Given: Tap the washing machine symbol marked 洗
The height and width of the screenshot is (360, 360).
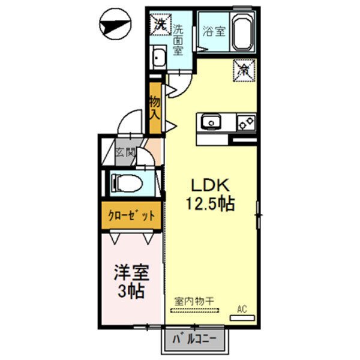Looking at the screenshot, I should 160,24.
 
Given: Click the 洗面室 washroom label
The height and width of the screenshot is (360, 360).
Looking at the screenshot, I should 178,39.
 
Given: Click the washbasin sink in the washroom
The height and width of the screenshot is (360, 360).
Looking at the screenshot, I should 160,58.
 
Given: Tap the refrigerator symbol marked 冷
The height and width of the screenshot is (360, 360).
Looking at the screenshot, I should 245,70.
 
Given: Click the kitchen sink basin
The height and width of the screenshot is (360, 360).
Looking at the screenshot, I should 211,122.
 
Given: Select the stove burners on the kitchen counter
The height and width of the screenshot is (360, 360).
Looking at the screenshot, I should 246,123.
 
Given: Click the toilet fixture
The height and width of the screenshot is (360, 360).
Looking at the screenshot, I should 127,181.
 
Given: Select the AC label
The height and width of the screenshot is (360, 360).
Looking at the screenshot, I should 242,310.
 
